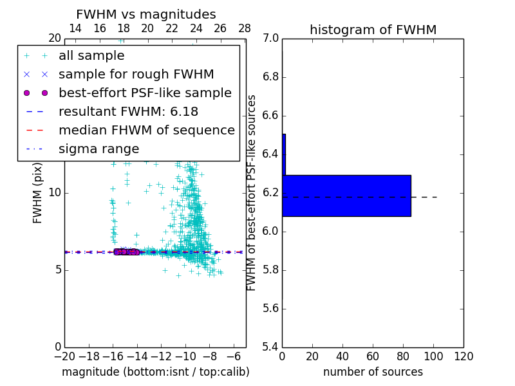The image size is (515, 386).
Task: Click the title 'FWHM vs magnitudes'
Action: click(x=145, y=15)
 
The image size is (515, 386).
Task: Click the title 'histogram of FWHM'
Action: click(x=373, y=30)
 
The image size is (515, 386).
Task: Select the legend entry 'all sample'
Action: click(x=91, y=56)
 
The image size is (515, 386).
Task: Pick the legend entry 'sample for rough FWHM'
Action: click(x=136, y=75)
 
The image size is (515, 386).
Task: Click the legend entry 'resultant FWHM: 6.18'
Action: click(x=128, y=112)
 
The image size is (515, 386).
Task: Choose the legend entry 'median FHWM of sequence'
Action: click(x=146, y=131)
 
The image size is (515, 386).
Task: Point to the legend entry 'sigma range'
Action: click(x=98, y=149)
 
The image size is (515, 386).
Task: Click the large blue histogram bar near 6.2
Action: click(x=346, y=196)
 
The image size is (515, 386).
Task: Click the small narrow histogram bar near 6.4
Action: click(x=284, y=154)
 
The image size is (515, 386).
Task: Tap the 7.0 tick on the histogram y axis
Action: click(x=270, y=39)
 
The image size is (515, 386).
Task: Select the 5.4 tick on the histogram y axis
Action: click(x=270, y=347)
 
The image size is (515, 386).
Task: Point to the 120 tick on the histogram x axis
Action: click(x=464, y=356)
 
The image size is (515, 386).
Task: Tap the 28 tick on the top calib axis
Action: click(x=245, y=28)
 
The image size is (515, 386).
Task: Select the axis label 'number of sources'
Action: click(x=373, y=372)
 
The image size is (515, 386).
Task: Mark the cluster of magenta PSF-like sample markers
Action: click(x=126, y=252)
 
